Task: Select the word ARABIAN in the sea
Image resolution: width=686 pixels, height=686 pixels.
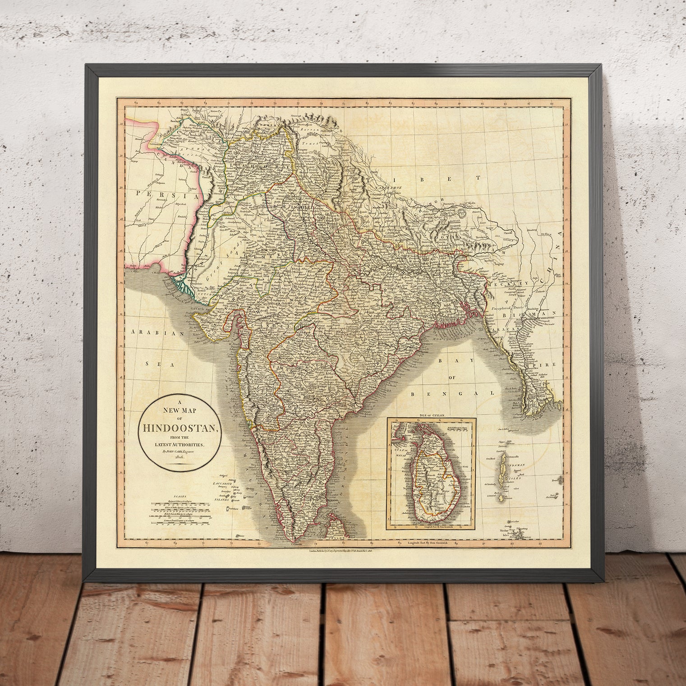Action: point(156,333)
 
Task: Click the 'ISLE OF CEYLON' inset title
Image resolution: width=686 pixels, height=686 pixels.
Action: point(432,414)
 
